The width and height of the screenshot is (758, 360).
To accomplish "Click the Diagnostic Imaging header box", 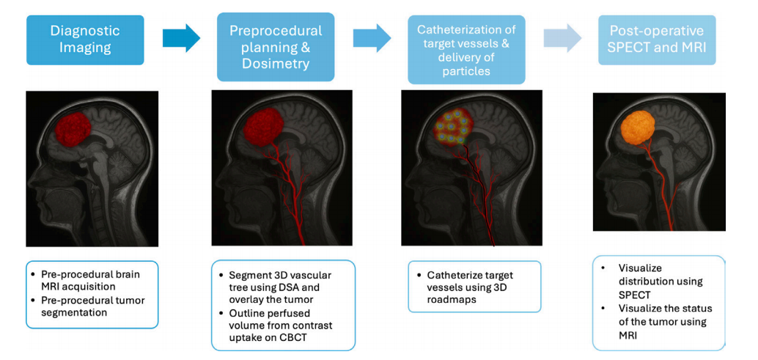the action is tap(85, 40).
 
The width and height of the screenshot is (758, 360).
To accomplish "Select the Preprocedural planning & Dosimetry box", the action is tap(276, 46).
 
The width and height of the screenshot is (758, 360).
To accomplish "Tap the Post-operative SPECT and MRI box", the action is tap(657, 40).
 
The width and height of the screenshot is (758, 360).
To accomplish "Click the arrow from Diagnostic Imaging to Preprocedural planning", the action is tap(181, 37).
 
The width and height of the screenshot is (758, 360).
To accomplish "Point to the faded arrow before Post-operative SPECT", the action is tap(562, 37).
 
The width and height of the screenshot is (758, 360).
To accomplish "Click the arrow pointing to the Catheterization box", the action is tap(372, 37).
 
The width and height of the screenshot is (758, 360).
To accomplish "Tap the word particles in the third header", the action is tap(467, 72).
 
